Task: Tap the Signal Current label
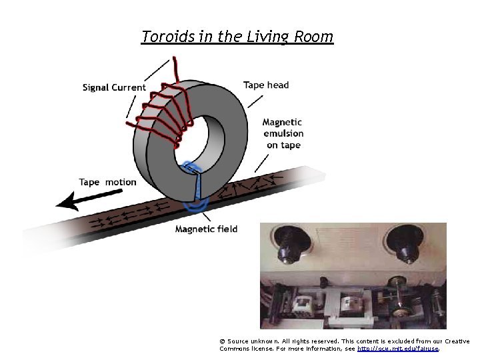point(114,87)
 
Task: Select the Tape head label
point(266,85)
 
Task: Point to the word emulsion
point(283,134)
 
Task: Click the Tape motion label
point(107,182)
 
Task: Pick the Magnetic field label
point(206,229)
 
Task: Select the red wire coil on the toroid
point(160,113)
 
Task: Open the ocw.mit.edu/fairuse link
point(398,348)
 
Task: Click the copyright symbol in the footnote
point(222,341)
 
